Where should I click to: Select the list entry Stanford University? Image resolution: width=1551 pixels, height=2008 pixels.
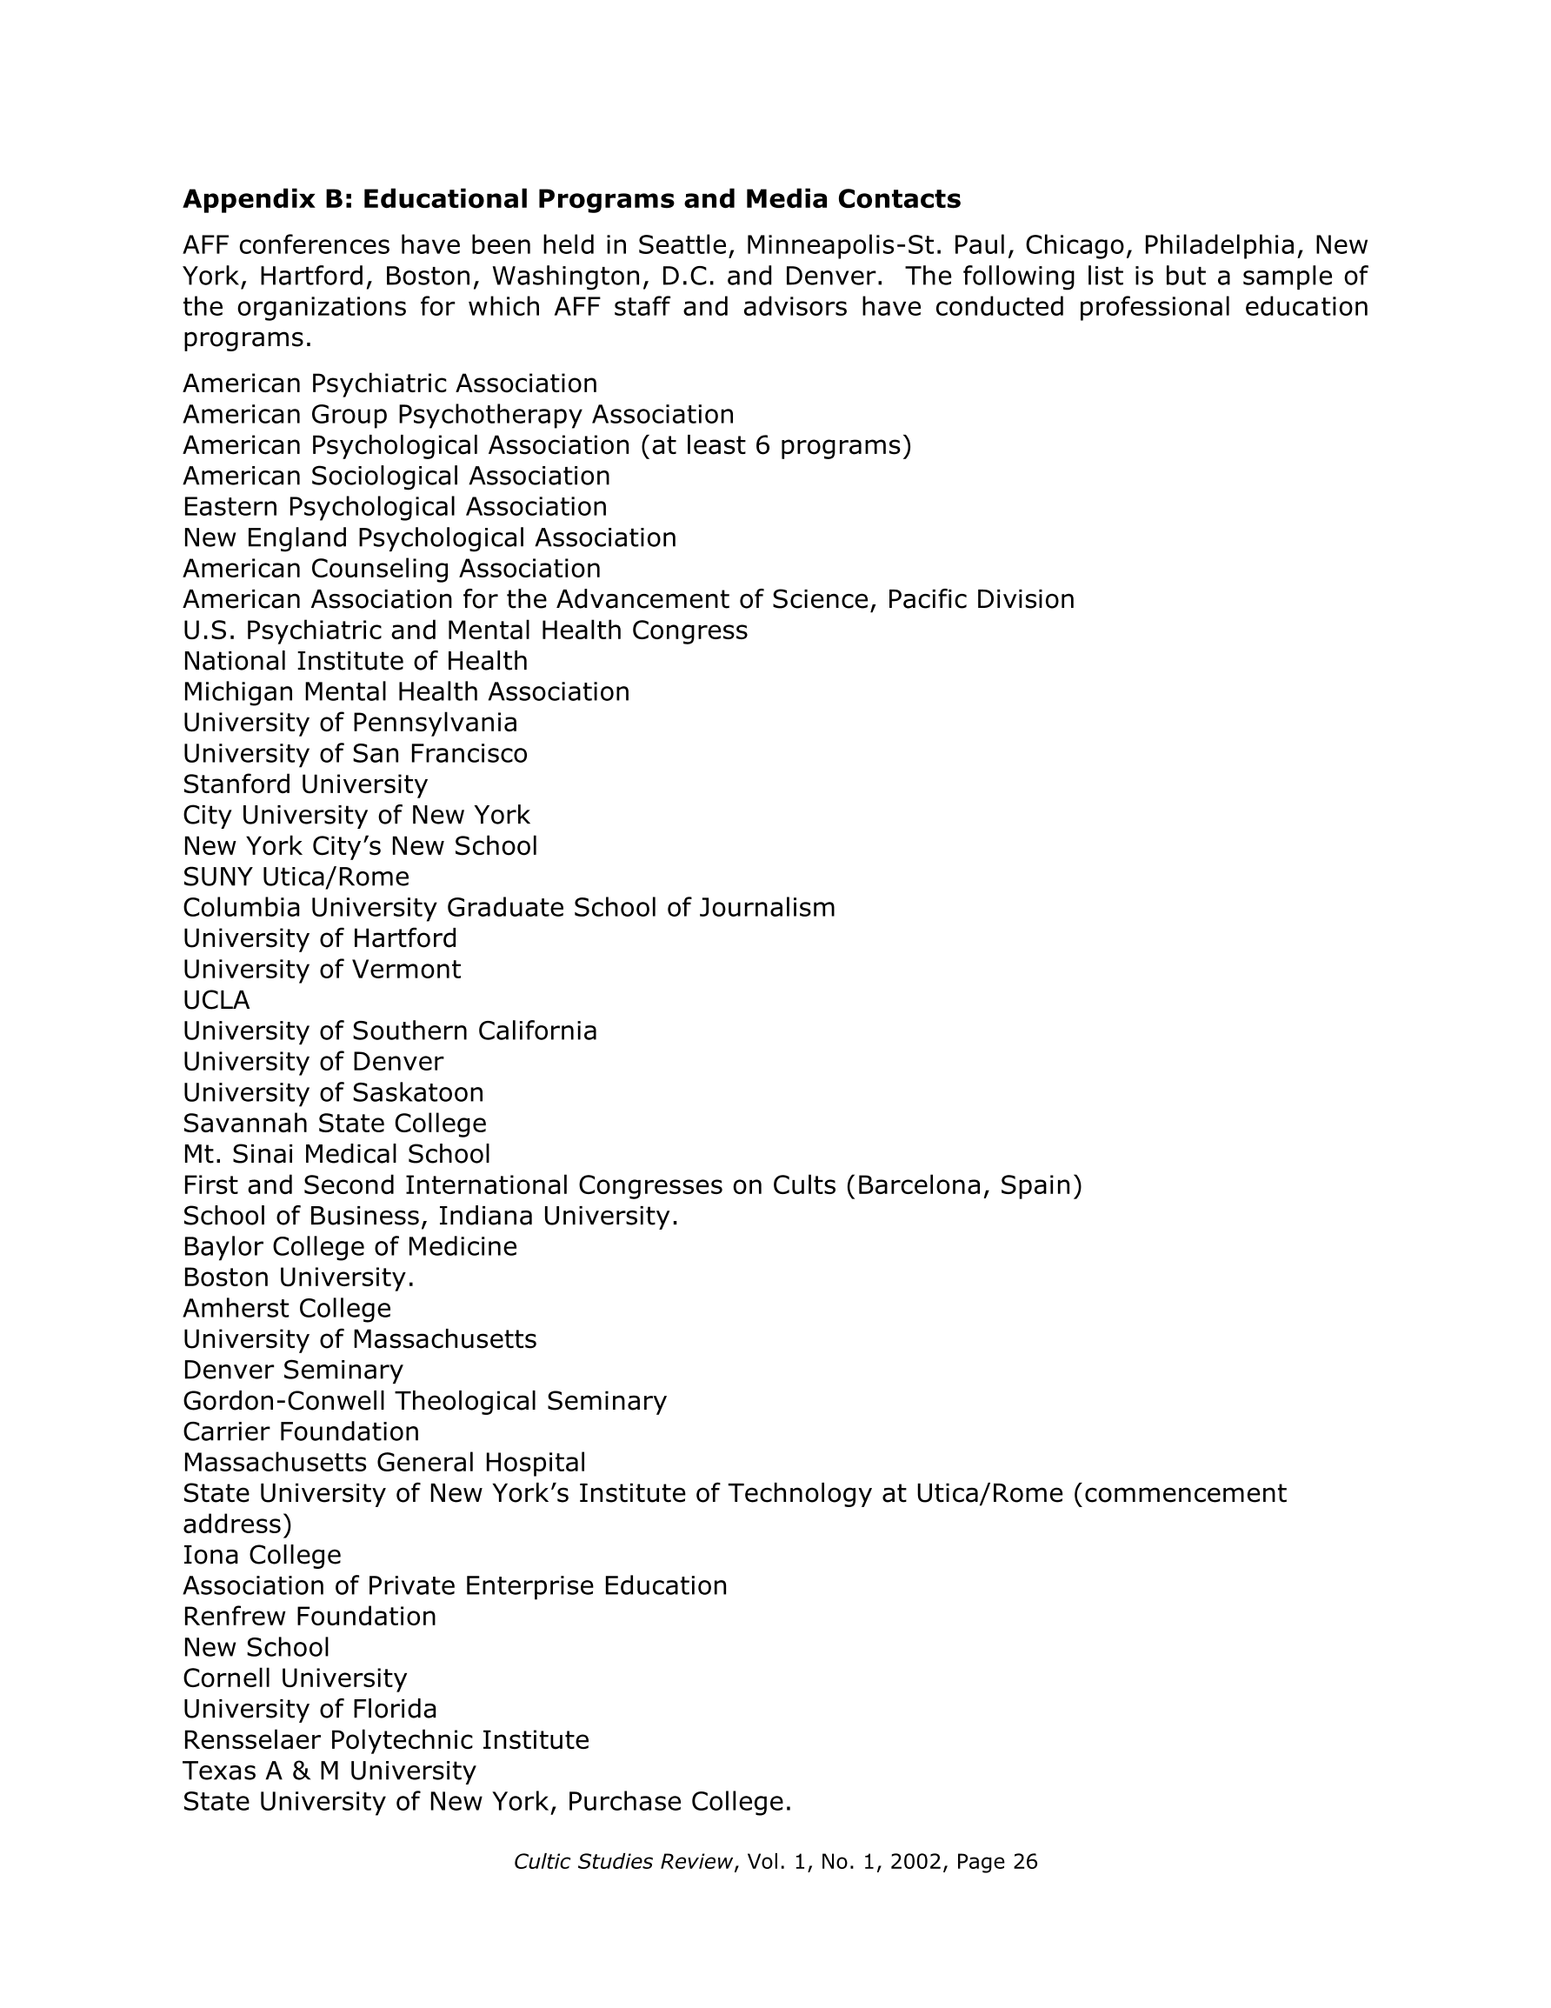point(305,784)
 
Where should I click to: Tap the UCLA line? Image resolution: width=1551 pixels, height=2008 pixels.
point(216,1000)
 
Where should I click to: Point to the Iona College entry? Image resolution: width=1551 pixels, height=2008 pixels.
point(262,1555)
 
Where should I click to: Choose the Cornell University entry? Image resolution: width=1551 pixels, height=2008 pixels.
point(294,1678)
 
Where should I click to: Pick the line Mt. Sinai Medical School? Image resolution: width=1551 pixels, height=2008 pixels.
point(336,1154)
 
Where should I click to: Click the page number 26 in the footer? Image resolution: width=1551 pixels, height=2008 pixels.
point(1024,1862)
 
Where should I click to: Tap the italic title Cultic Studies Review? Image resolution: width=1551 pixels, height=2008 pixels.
point(623,1862)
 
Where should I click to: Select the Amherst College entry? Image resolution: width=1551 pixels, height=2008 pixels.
point(287,1308)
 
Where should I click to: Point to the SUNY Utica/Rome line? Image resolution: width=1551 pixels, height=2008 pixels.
point(296,877)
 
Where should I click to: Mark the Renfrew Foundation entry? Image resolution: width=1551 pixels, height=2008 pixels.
point(310,1617)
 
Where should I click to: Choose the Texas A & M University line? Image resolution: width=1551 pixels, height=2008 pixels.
point(330,1771)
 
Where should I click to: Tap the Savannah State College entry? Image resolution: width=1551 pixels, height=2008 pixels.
point(335,1124)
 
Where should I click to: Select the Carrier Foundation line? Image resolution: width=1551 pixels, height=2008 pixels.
point(301,1431)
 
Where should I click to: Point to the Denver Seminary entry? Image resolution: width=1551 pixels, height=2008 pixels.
point(292,1370)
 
